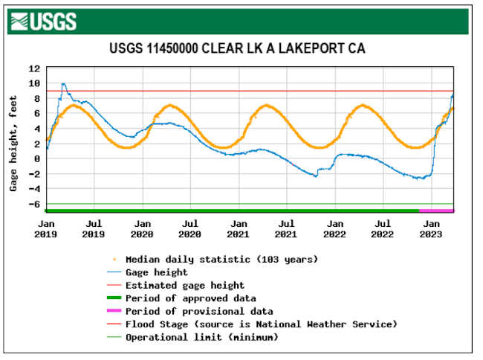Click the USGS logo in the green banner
tap(44, 22)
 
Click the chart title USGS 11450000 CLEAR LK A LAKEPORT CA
tap(238, 49)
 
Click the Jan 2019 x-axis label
tap(46, 228)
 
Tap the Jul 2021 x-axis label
tap(286, 228)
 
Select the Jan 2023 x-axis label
tap(430, 228)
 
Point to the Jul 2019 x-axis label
tap(94, 228)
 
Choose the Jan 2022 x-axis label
tap(334, 228)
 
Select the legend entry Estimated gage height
tap(184, 285)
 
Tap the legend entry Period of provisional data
tap(198, 311)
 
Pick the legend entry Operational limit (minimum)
tap(201, 337)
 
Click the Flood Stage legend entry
tap(261, 324)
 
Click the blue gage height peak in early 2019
tap(63, 84)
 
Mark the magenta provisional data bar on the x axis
tap(436, 211)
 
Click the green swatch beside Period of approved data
tap(113, 298)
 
